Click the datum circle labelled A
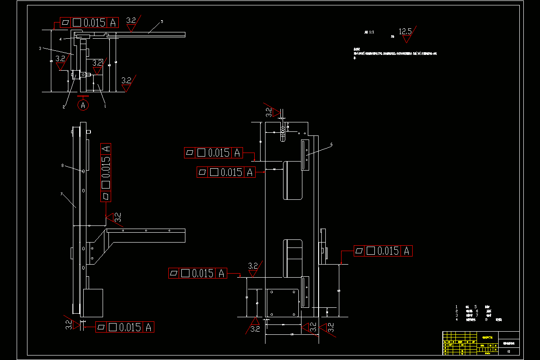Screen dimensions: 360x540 (x=83, y=105)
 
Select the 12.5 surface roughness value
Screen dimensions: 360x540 (x=405, y=31)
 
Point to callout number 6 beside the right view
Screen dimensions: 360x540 (x=331, y=144)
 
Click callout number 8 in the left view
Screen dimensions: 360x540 (x=63, y=166)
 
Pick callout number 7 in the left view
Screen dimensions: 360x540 (x=61, y=194)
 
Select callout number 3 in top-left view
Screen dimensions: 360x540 (x=40, y=48)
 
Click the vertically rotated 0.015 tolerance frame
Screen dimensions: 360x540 (x=106, y=172)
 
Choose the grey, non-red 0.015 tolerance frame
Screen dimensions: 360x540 (x=213, y=153)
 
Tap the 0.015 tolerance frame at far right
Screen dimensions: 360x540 (x=383, y=251)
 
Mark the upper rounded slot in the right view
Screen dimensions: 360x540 (x=292, y=180)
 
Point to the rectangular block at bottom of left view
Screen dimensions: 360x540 (x=93, y=302)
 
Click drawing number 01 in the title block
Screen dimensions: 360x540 (x=508, y=352)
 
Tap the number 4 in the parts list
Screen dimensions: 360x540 (x=456, y=319)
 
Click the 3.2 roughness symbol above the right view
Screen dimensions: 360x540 (x=269, y=111)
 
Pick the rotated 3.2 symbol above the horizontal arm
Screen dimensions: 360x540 (x=116, y=218)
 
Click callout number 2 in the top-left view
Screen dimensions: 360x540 (x=64, y=107)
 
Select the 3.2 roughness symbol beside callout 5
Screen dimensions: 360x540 (x=131, y=22)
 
